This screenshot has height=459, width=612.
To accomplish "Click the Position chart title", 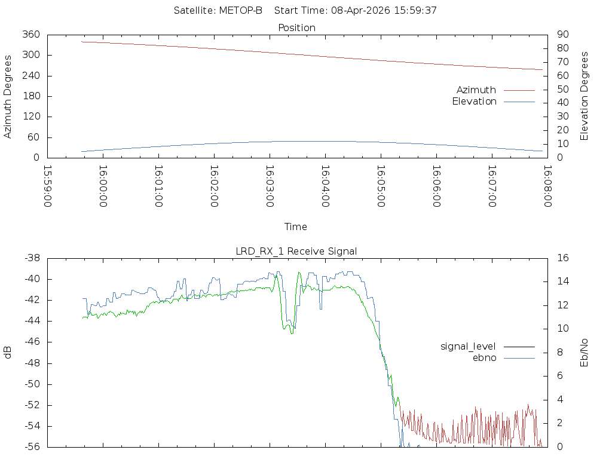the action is [296, 27].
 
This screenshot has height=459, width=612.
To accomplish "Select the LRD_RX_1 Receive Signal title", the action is [296, 252].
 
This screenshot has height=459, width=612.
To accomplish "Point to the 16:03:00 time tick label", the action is [270, 186].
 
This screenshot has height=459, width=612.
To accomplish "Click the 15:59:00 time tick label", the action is [47, 186].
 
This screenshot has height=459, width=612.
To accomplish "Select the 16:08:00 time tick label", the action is [547, 186].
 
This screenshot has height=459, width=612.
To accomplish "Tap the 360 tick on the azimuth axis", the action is [31, 34].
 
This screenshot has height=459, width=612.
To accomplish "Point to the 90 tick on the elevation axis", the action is [563, 34].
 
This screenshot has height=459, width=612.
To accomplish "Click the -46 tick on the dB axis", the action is [32, 342].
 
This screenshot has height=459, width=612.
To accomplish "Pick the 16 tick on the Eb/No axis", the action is [563, 258].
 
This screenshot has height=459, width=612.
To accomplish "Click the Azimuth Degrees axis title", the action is [7, 96].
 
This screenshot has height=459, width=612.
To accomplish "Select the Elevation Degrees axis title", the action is [584, 96].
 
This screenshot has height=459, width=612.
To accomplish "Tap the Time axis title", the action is [295, 227].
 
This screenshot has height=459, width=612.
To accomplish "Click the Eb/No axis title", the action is [584, 353].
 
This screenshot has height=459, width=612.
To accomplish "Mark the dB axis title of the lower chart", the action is [7, 352].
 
